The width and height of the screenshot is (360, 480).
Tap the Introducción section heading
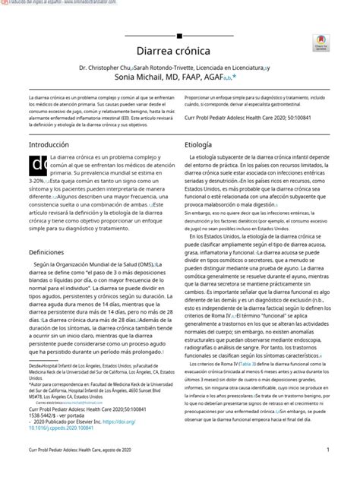pyautogui.click(x=48, y=144)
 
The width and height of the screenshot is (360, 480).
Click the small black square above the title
pyautogui.click(x=180, y=33)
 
